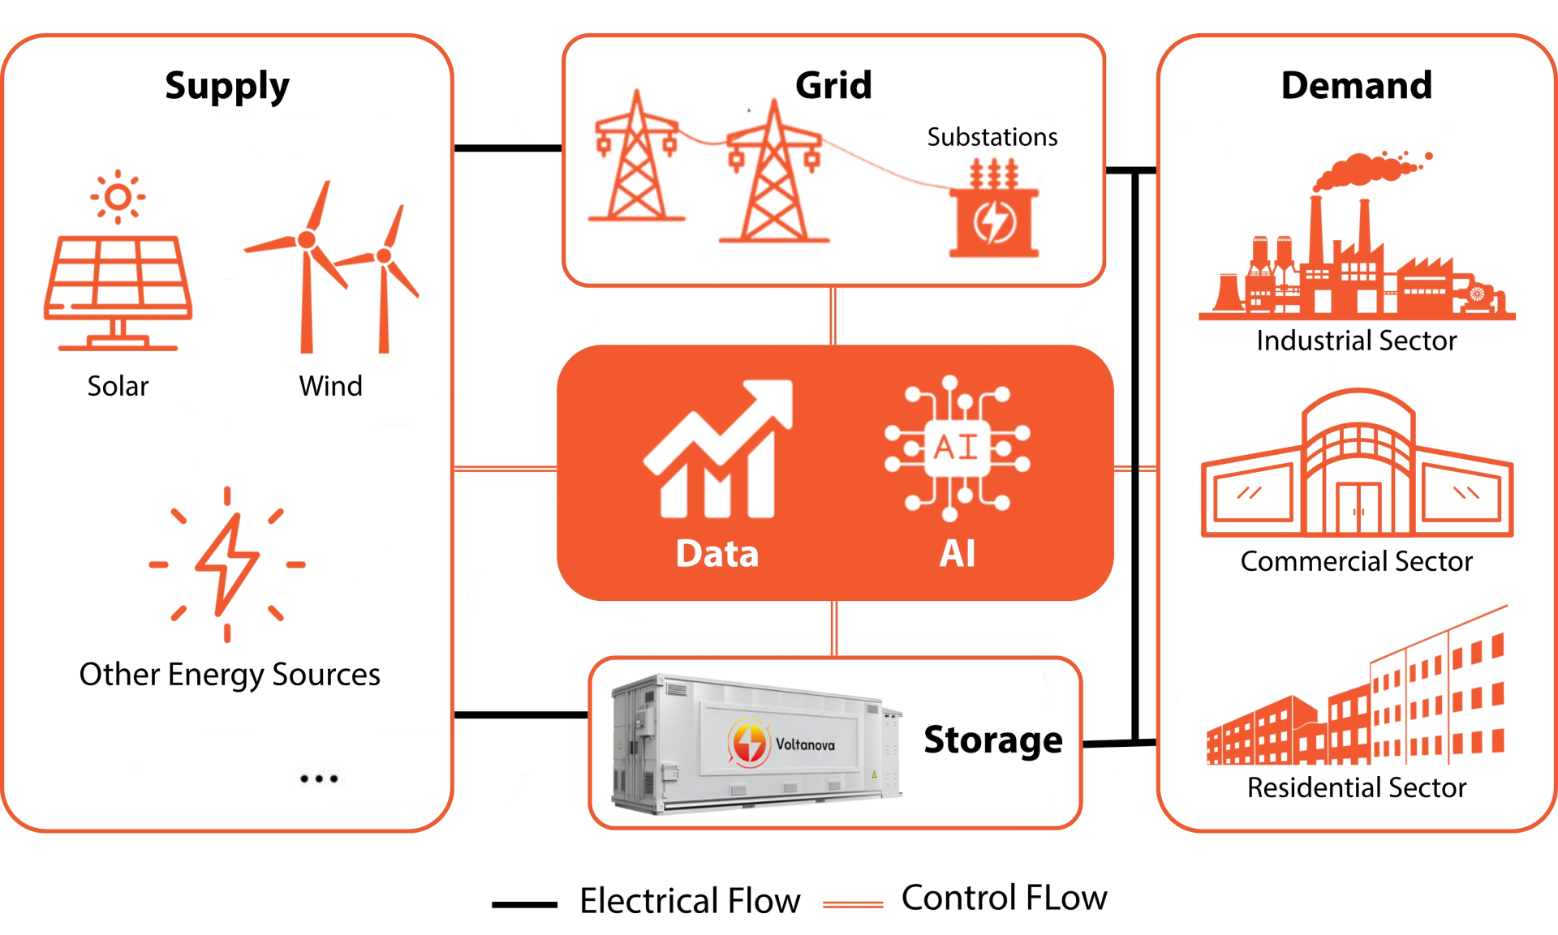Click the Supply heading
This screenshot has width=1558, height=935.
click(226, 86)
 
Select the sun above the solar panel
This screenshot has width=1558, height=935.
click(118, 197)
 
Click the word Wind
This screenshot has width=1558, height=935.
click(330, 386)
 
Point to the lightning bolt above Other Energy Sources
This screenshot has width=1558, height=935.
click(228, 564)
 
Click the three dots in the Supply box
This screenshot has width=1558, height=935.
click(318, 778)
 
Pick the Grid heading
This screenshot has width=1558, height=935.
click(833, 85)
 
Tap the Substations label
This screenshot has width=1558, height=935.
click(992, 137)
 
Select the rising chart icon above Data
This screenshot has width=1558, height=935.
click(718, 450)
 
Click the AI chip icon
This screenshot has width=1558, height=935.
click(958, 448)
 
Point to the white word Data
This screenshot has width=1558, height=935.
click(717, 554)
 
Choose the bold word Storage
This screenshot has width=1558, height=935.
click(992, 740)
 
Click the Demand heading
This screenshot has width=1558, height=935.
click(1357, 85)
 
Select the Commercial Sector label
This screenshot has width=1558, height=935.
click(1356, 561)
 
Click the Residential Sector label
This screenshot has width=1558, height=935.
click(1357, 787)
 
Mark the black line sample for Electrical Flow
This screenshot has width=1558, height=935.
click(524, 904)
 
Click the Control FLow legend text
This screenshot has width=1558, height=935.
click(1004, 898)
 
